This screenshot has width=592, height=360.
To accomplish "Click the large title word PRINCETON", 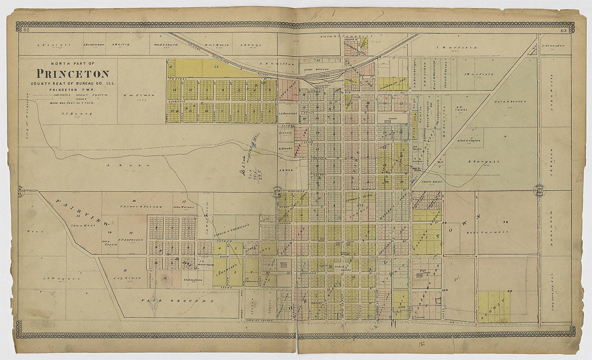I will tap(72, 74).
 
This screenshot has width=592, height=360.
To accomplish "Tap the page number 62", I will tap(26, 30).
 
